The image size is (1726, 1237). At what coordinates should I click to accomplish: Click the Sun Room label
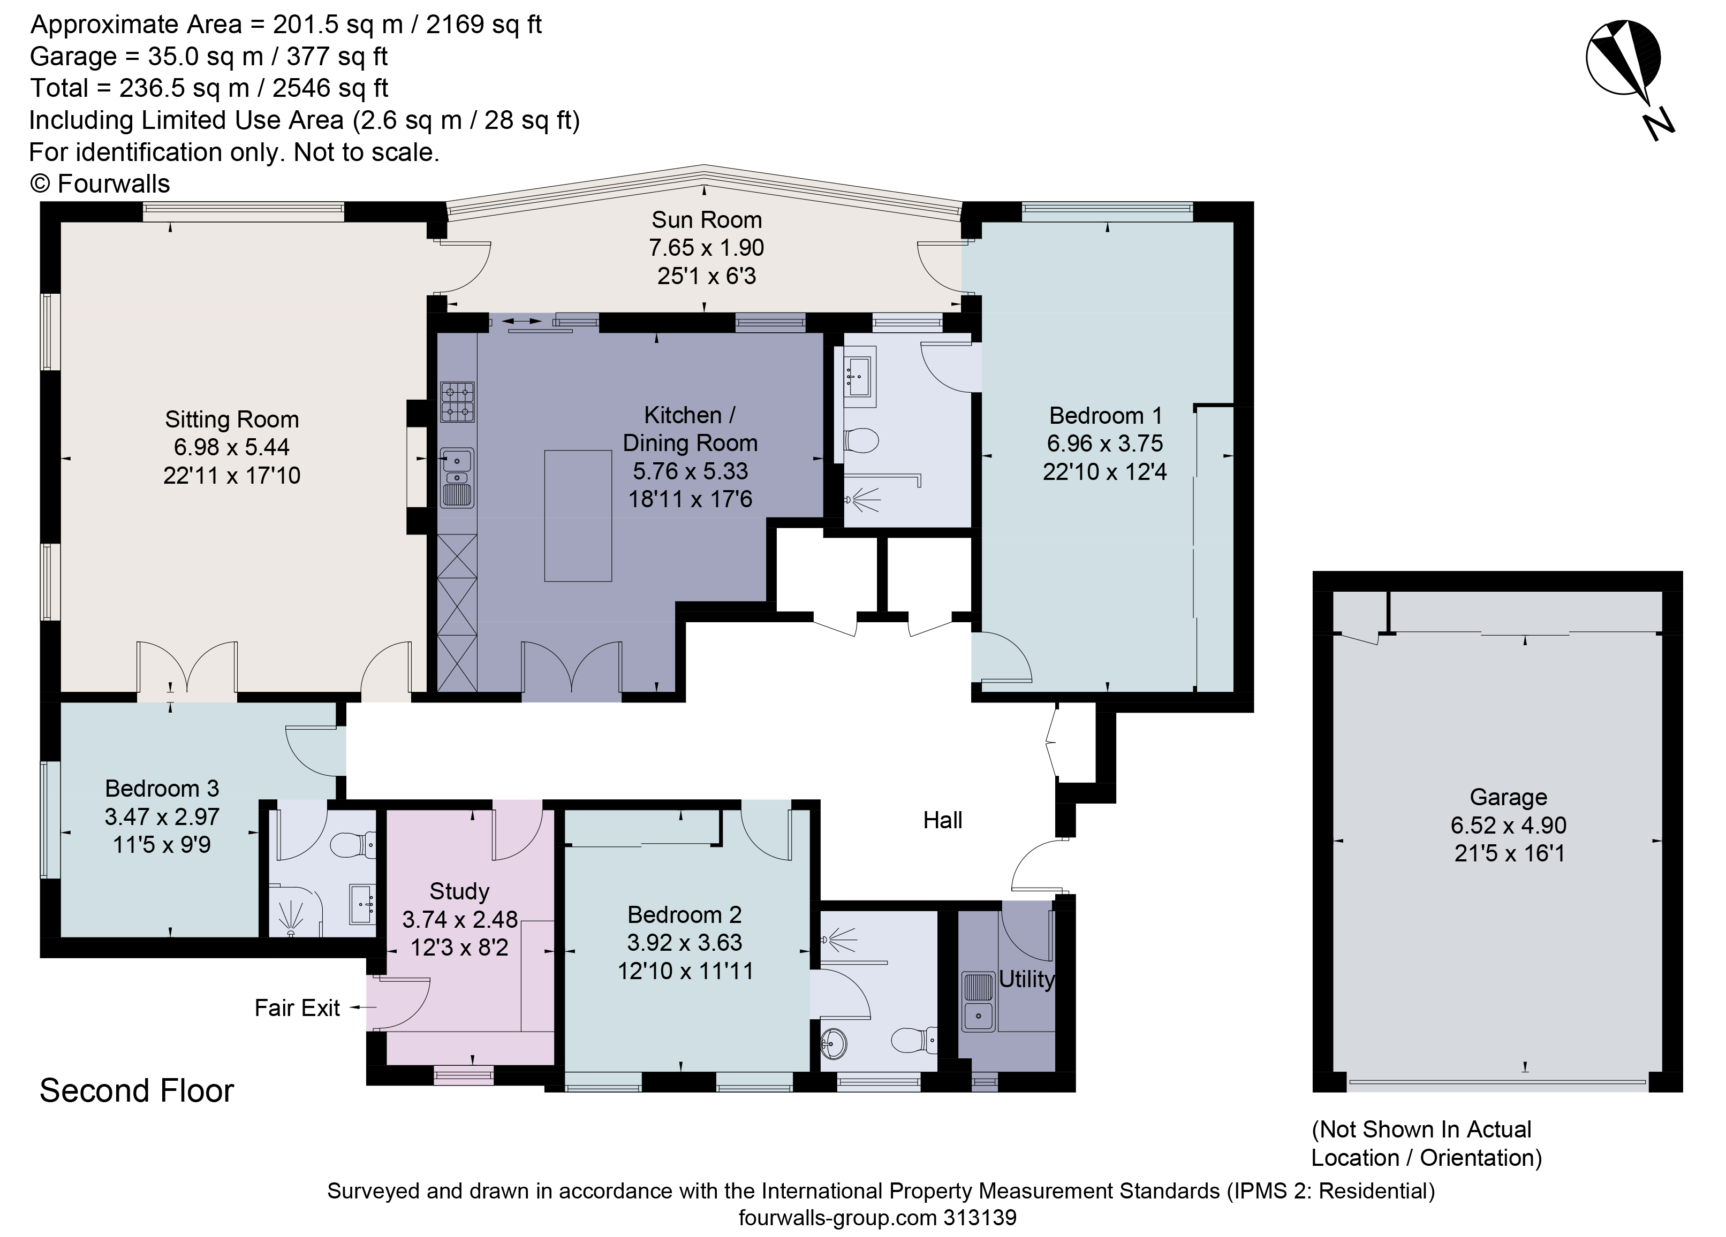click(x=706, y=220)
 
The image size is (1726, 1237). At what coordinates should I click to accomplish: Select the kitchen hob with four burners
click(x=457, y=402)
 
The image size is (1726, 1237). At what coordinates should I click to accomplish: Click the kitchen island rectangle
click(x=578, y=516)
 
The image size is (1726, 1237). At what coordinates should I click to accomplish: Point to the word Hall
click(x=942, y=820)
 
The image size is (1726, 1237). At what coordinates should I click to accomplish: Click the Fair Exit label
click(x=297, y=1008)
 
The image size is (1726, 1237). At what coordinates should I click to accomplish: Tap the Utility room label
click(x=1027, y=979)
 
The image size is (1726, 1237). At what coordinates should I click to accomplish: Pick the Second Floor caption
click(x=137, y=1091)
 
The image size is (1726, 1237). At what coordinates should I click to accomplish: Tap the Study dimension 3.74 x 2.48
click(x=460, y=920)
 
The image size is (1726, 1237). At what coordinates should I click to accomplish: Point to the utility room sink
click(x=979, y=1002)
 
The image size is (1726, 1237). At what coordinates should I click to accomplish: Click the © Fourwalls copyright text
click(x=100, y=184)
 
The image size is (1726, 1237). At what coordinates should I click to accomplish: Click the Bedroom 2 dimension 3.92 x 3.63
click(x=684, y=943)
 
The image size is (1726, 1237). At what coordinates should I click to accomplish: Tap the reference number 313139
click(x=980, y=1217)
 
